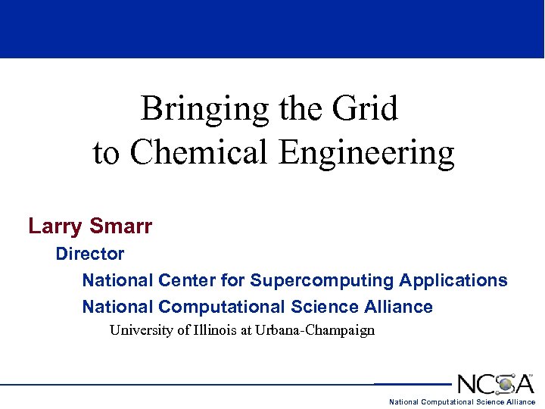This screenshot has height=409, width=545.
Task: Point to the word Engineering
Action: click(x=366, y=153)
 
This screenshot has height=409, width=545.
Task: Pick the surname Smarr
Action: click(x=121, y=226)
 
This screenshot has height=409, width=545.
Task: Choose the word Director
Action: click(x=89, y=254)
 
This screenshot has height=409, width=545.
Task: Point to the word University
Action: click(x=142, y=330)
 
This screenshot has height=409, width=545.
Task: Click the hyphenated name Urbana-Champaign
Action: click(x=315, y=331)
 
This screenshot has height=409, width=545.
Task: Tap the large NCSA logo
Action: click(x=495, y=383)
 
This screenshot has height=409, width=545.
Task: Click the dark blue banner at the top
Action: click(x=272, y=29)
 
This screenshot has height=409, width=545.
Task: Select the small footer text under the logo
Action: click(x=462, y=402)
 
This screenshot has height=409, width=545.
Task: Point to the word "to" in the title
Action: click(x=106, y=153)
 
